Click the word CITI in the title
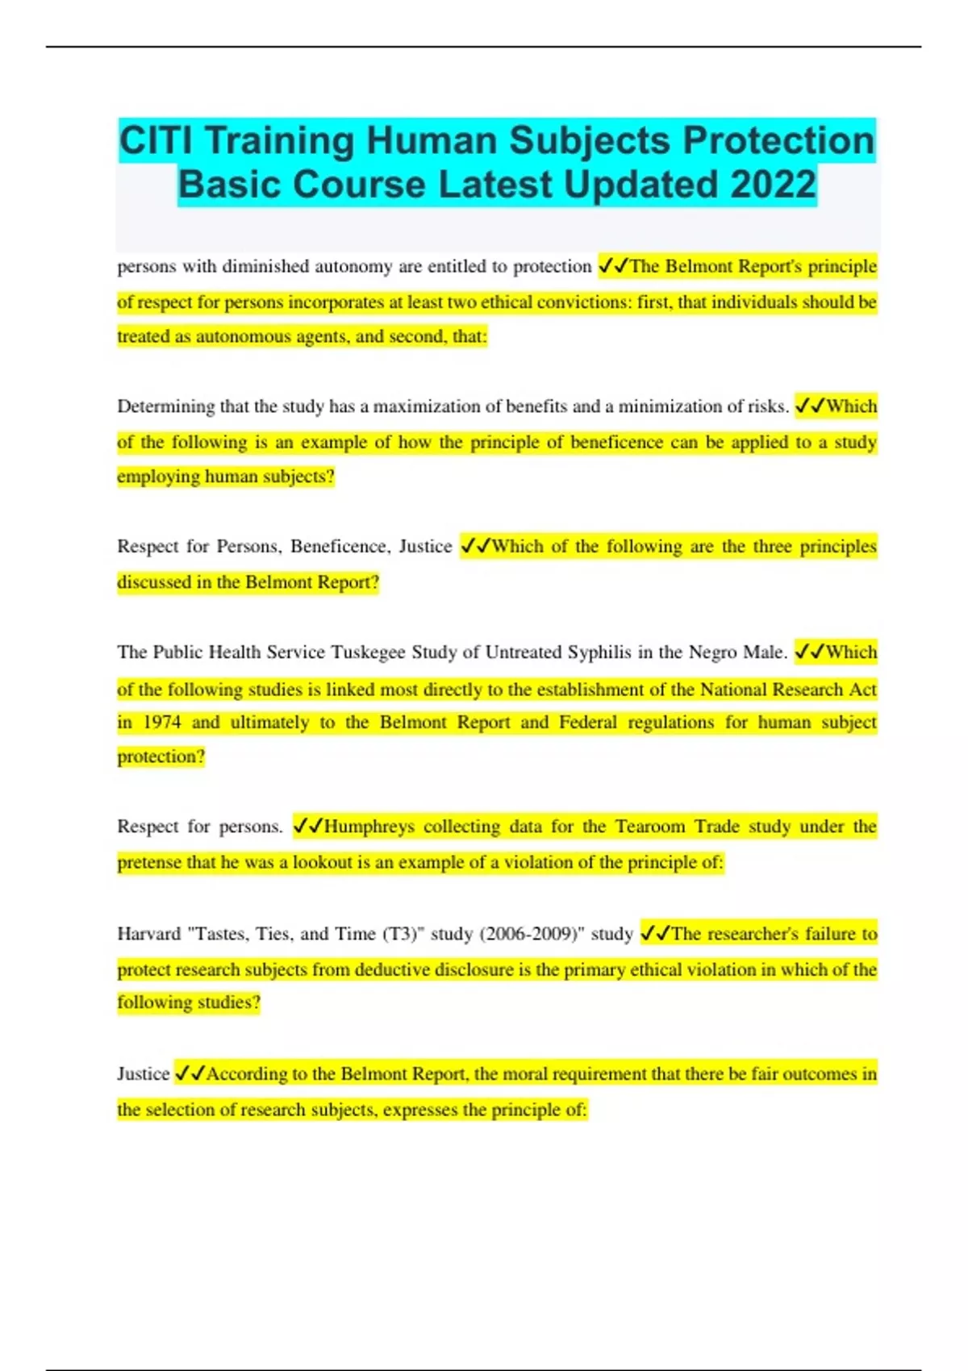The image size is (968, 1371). pos(156,141)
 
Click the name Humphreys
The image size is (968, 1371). pos(369,827)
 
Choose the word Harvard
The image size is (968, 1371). pos(148,934)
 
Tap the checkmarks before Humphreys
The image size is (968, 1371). pos(308,827)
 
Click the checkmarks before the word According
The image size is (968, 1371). pos(190,1074)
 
